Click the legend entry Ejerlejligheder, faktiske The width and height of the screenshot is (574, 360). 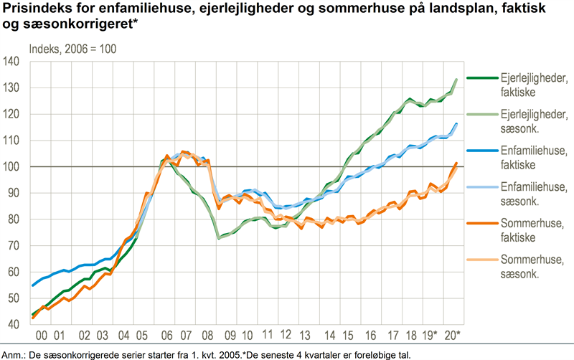coord(517,85)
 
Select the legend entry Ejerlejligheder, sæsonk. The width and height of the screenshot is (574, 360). coord(517,121)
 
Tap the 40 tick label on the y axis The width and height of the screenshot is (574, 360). coord(12,325)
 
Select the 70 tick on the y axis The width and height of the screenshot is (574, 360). coord(12,246)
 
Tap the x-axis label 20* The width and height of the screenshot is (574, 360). coord(453,336)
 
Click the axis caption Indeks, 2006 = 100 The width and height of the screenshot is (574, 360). coord(72,49)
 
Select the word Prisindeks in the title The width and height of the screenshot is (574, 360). coord(34,10)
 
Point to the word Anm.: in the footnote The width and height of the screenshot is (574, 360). coord(14,354)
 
